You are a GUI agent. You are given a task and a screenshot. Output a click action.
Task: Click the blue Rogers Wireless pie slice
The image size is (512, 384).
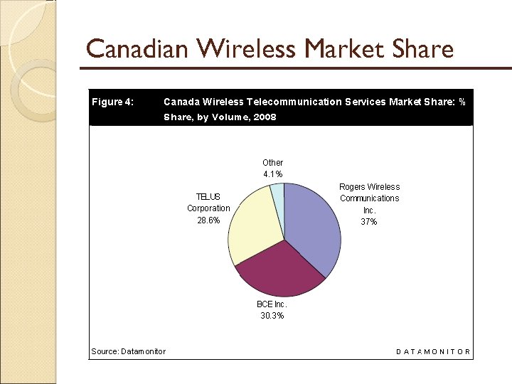[313, 224]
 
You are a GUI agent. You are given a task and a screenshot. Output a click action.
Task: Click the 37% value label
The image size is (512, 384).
[369, 222]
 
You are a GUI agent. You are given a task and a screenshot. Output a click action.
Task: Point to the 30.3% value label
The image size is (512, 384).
[272, 316]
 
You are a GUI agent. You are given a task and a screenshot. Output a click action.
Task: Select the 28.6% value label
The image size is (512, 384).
[208, 220]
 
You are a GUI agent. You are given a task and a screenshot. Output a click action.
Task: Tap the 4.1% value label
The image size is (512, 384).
[272, 174]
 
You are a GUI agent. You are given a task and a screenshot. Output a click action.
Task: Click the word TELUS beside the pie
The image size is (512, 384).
[208, 197]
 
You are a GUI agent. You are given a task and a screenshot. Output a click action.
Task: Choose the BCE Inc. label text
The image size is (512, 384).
[272, 304]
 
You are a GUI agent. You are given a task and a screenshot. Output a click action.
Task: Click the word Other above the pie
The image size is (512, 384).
[272, 163]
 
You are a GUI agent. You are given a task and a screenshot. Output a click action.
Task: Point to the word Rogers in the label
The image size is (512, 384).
[353, 187]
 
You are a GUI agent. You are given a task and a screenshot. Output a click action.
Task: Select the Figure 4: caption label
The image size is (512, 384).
[112, 102]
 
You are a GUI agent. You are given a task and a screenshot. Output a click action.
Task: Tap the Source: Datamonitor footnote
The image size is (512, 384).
[128, 351]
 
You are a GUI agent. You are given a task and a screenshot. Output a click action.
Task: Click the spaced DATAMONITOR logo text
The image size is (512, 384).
[433, 351]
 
